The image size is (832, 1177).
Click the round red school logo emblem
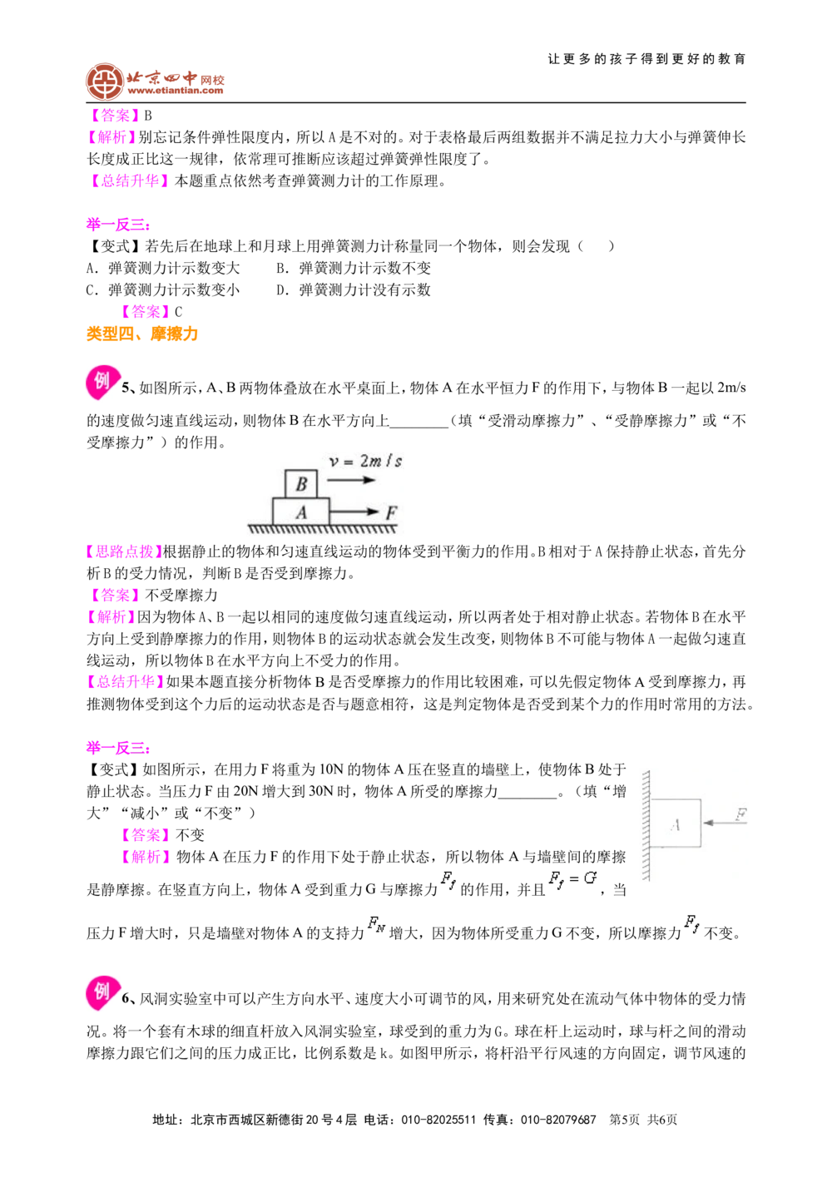[105, 82]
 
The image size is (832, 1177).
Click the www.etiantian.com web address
[175, 91]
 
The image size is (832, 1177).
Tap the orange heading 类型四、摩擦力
[142, 334]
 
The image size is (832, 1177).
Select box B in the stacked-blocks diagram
[301, 484]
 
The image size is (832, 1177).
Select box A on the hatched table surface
[300, 511]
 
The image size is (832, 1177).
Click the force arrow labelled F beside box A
[354, 512]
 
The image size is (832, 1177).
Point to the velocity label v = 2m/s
[366, 462]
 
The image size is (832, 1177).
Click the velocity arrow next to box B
[350, 480]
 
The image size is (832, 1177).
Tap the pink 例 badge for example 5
[102, 382]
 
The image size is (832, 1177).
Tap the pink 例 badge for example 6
[102, 993]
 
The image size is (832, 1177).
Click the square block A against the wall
[676, 823]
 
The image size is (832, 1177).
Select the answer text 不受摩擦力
[181, 595]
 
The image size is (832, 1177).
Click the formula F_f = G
[573, 879]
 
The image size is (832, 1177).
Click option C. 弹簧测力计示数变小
[163, 290]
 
